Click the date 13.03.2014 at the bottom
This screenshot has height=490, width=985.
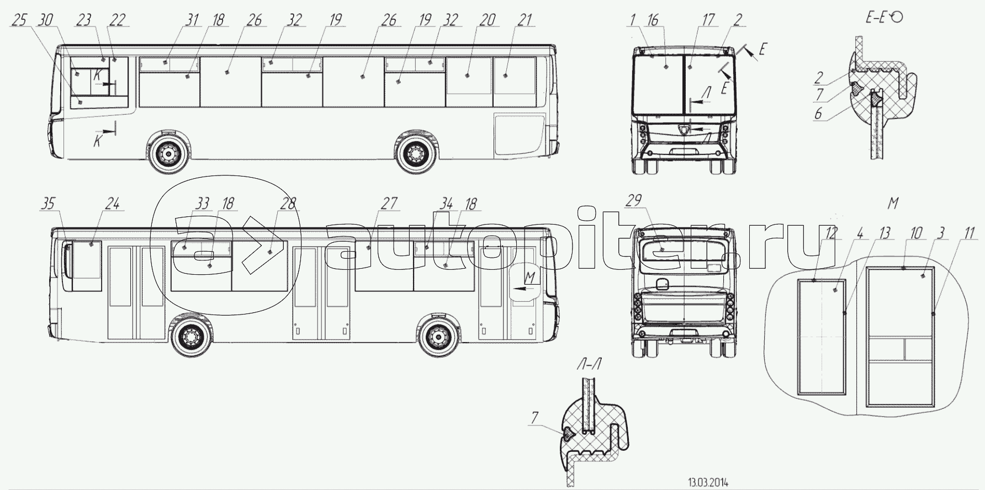pos(708,482)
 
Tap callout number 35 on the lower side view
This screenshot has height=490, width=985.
pos(49,204)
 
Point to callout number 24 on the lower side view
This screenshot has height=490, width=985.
pos(112,204)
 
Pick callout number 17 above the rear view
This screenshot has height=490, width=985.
pos(708,20)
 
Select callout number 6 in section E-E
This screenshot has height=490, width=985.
pos(818,114)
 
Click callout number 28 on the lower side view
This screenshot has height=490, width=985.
pos(288,204)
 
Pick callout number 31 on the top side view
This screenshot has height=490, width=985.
pos(191,20)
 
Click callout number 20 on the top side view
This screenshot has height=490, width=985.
pos(488,20)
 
